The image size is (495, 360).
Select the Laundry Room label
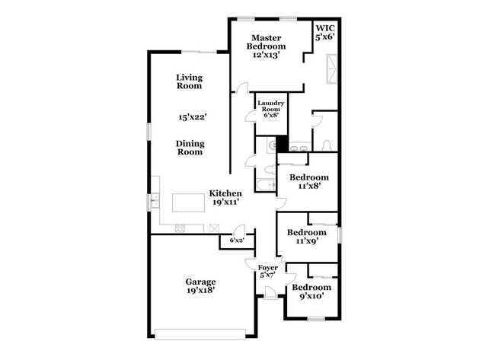tap(270, 109)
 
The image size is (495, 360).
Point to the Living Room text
tap(188, 81)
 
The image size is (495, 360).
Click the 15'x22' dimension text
tap(193, 117)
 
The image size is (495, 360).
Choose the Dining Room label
tap(190, 148)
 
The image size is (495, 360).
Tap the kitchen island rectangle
tap(187, 202)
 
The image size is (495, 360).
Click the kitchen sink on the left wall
tap(155, 201)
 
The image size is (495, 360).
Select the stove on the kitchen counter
tap(181, 229)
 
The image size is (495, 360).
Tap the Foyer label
tap(267, 272)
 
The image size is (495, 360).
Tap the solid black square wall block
tap(281, 143)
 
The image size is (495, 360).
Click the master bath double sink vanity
tap(299, 148)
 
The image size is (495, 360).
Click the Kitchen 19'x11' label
tap(225, 199)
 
